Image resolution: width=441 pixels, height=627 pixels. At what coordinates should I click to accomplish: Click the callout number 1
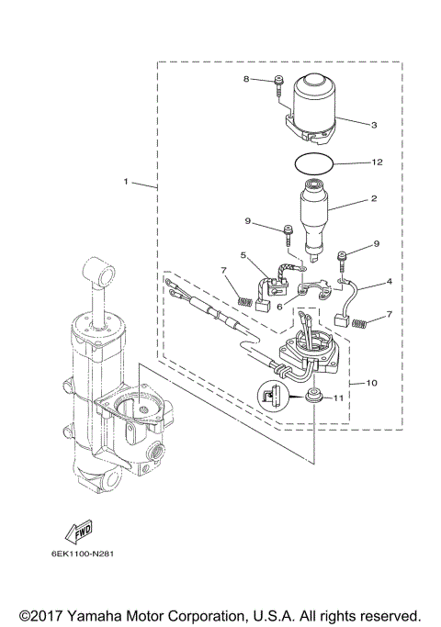pyautogui.click(x=126, y=181)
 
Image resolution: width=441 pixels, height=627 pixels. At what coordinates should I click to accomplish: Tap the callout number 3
pyautogui.click(x=374, y=123)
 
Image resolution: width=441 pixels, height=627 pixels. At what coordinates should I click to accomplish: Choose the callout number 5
pyautogui.click(x=243, y=254)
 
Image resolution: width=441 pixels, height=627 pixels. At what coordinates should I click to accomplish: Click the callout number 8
pyautogui.click(x=246, y=80)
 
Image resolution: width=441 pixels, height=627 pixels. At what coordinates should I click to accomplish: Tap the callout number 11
pyautogui.click(x=337, y=398)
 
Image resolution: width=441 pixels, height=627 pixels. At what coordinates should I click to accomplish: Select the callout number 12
pyautogui.click(x=376, y=162)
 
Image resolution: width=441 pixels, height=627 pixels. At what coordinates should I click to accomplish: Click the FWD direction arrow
pyautogui.click(x=67, y=531)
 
